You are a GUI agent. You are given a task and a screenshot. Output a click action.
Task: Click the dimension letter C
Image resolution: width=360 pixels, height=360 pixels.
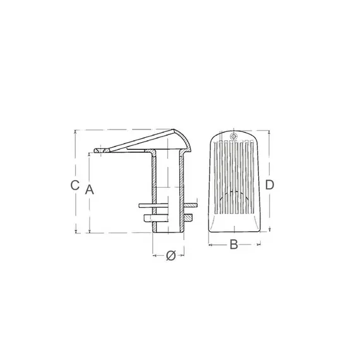[74, 186]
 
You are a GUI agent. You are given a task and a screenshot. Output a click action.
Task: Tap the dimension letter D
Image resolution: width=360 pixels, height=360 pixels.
[269, 185]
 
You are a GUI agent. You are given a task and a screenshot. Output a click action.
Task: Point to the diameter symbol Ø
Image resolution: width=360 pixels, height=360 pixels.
[170, 256]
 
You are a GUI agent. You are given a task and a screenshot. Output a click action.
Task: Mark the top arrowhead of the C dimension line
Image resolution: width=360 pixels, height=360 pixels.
[76, 132]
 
